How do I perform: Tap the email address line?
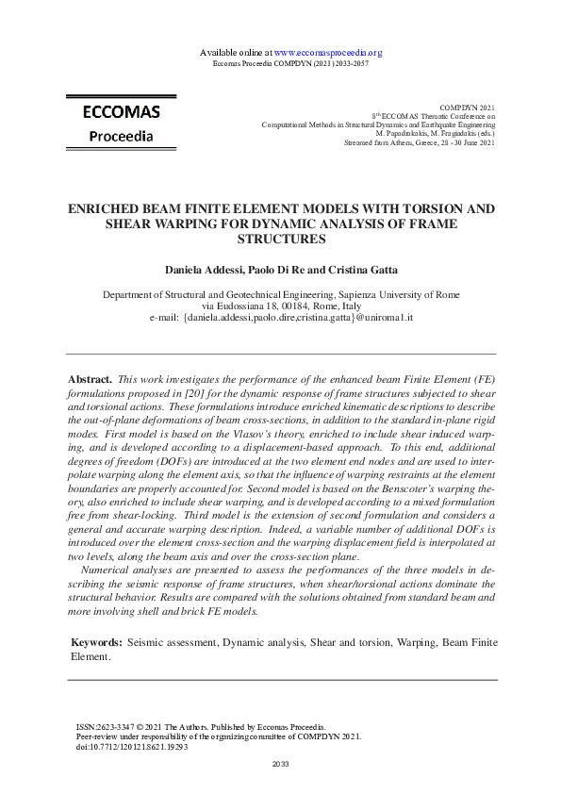tap(281, 318)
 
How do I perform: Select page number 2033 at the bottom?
tap(280, 763)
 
